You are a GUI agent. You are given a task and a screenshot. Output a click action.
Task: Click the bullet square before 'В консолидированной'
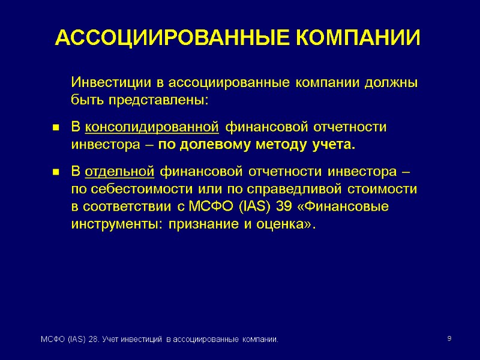55,128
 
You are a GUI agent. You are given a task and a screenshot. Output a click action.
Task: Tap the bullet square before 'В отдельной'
55,173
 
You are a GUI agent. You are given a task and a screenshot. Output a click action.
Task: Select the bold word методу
278,145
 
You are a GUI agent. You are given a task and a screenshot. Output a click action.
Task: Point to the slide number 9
449,340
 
